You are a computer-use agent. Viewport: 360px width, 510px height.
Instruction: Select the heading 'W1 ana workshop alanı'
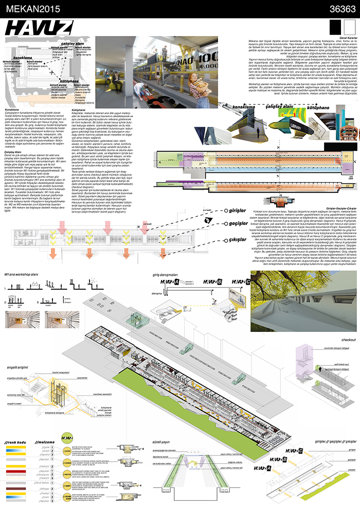(25, 276)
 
